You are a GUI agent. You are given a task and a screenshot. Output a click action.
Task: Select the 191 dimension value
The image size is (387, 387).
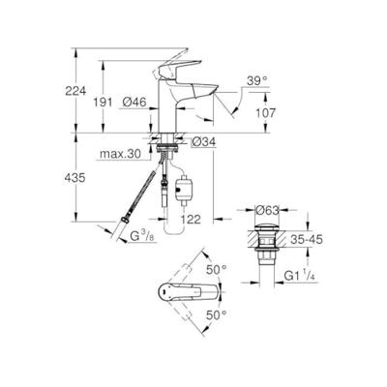click(x=115, y=101)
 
